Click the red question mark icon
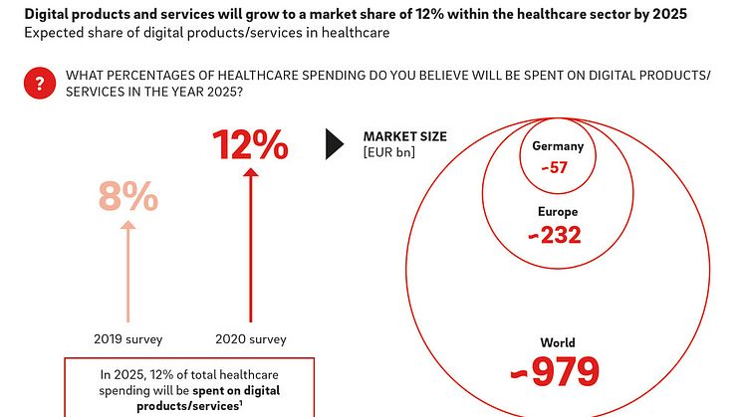coord(39,84)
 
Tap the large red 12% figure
coord(250,147)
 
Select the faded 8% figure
coord(127,198)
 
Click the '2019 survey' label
coord(127,338)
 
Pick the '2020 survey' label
coord(250,338)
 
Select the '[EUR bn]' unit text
coord(389,151)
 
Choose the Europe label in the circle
coord(556,212)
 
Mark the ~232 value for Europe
coord(555,235)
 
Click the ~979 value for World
coord(555,371)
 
